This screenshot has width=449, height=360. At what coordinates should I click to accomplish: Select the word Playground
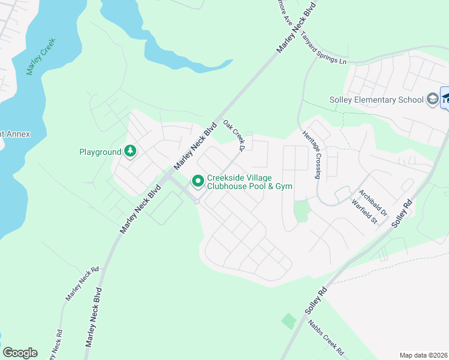(x=100, y=152)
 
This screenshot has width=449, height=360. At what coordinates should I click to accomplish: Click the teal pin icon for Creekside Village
(x=197, y=180)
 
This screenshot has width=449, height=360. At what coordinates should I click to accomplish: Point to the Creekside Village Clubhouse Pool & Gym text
(x=249, y=182)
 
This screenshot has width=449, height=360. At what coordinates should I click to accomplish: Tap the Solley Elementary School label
(x=376, y=100)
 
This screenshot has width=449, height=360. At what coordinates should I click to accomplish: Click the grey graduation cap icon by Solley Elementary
(x=432, y=99)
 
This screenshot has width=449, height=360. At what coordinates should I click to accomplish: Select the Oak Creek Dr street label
(x=235, y=134)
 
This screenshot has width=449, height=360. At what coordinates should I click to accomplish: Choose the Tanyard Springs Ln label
(x=324, y=49)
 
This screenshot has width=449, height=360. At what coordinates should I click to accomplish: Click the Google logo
(x=20, y=353)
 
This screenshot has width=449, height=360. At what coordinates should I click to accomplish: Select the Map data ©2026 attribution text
(x=423, y=355)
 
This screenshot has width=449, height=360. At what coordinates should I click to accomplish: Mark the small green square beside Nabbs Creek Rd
(x=289, y=321)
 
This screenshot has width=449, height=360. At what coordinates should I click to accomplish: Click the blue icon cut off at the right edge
(x=445, y=98)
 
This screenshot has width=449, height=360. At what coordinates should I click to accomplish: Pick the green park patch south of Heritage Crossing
(x=301, y=211)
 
